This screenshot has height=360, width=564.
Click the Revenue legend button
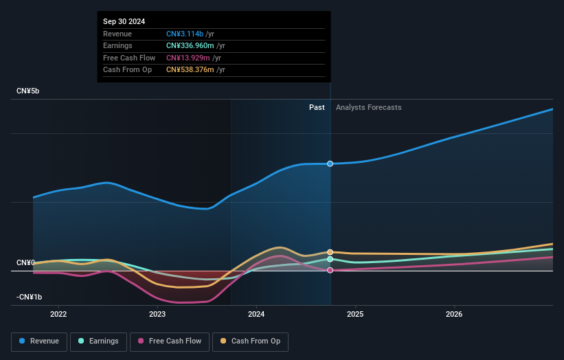[x=38, y=341]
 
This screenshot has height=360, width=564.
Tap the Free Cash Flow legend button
[x=170, y=341]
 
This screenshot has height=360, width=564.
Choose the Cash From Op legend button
[x=250, y=341]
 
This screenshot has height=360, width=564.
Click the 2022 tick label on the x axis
[x=58, y=315]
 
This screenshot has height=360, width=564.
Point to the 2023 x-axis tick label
[x=157, y=315]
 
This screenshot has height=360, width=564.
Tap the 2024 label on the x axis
[x=256, y=315]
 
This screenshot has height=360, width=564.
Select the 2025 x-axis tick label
[x=355, y=315]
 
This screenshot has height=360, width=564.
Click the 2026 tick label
[x=454, y=315]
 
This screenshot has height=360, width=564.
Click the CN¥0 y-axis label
[x=26, y=262]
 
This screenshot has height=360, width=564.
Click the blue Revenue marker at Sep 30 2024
[x=330, y=164]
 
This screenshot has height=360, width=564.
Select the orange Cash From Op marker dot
[x=330, y=252]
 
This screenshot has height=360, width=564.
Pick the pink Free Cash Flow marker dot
[x=330, y=270]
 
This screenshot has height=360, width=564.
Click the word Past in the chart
[x=317, y=107]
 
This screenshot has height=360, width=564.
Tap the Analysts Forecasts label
[x=368, y=107]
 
